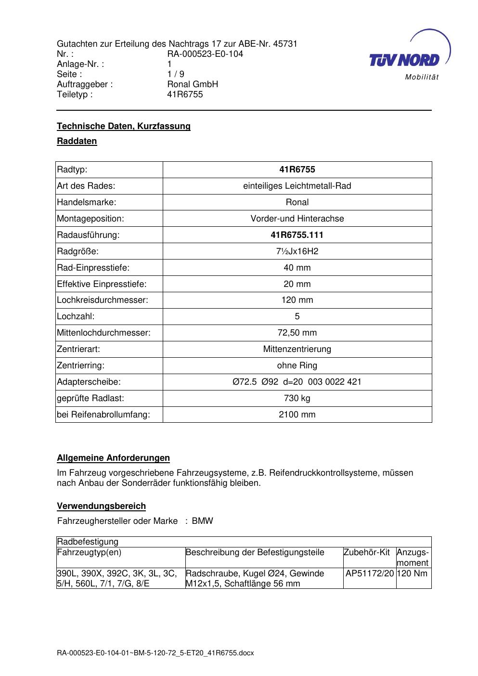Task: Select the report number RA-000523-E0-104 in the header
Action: (x=205, y=54)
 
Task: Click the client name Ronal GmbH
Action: (x=193, y=84)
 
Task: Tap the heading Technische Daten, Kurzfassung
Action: (x=124, y=126)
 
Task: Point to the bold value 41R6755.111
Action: (x=297, y=235)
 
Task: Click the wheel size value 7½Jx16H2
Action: (x=297, y=251)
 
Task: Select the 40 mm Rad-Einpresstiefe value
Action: (x=297, y=268)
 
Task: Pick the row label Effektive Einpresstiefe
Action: (x=102, y=284)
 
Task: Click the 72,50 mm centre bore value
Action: (x=297, y=333)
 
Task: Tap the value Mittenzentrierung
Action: (x=297, y=349)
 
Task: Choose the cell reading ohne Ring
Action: (x=297, y=365)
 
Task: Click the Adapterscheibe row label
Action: (x=89, y=382)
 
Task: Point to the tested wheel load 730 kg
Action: (x=297, y=398)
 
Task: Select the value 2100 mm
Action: (x=297, y=415)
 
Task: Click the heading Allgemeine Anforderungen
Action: (x=113, y=458)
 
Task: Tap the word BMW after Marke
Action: (x=202, y=521)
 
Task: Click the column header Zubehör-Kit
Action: (x=366, y=552)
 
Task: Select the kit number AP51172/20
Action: (x=370, y=573)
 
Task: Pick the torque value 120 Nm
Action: (x=413, y=573)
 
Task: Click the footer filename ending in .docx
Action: (x=155, y=653)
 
